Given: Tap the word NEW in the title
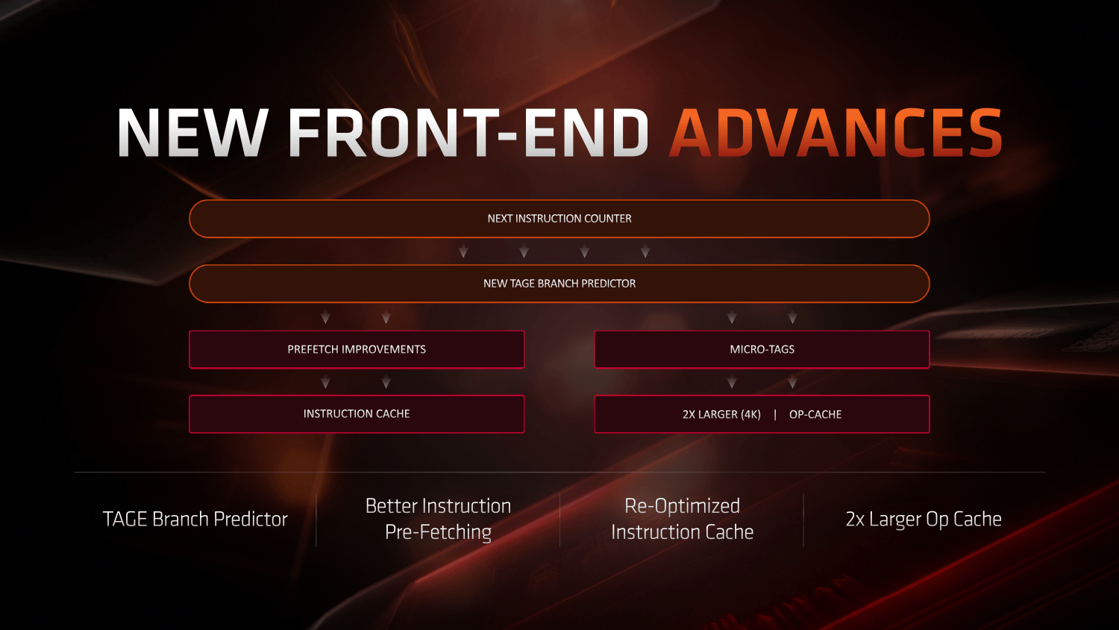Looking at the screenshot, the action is click(x=192, y=134).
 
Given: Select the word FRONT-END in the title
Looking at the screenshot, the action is click(x=468, y=134).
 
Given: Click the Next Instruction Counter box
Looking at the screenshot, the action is click(x=559, y=219).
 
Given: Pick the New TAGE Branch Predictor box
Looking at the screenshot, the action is click(x=559, y=284).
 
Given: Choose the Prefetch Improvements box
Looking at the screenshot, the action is click(x=357, y=349).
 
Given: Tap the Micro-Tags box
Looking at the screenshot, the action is click(x=762, y=349).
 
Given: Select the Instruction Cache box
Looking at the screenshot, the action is click(x=357, y=414).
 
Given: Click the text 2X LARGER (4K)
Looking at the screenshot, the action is click(x=721, y=414).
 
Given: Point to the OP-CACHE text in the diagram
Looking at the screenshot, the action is click(x=815, y=414).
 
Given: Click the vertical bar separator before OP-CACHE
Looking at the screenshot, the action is click(x=775, y=414).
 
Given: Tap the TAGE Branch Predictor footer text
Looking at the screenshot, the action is click(x=195, y=519).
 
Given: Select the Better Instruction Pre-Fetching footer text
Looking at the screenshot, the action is click(x=438, y=519).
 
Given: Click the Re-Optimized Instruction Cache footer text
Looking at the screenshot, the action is click(x=682, y=519).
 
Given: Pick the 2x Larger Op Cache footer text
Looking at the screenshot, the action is click(x=924, y=519).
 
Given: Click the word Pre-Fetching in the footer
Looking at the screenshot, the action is click(x=438, y=532).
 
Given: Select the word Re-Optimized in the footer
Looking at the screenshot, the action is click(x=682, y=506).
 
